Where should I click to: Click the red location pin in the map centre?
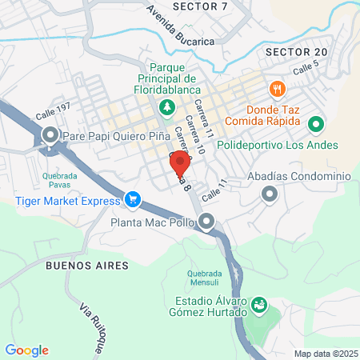coord(180,163)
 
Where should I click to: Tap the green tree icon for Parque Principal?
coord(166,106)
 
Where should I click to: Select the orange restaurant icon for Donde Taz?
coord(277,88)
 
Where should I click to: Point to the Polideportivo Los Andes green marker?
coord(315,124)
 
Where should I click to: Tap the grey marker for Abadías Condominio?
coord(269,193)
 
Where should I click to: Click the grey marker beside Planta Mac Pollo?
coord(207,222)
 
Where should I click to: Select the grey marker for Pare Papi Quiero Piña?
coord(50,135)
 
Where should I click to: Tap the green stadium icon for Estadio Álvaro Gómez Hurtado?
coord(258,304)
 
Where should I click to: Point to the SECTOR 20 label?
coord(296,52)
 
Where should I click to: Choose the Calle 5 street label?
coord(306,70)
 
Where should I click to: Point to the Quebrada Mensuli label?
coord(204,278)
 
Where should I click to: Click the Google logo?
coord(27,350)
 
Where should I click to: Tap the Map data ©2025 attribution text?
coord(324,354)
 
